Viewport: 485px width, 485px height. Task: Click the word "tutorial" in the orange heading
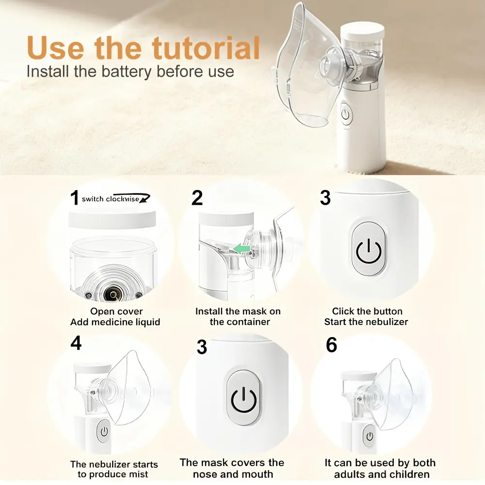pos(206,48)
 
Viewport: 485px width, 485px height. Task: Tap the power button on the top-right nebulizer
pos(345,114)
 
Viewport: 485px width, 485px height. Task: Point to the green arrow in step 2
pos(242,248)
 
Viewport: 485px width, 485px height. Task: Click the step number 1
pos(74,197)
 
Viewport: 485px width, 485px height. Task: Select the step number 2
pos(197,198)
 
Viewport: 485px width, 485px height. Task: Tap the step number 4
pos(76,343)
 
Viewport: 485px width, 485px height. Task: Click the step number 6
pos(331,345)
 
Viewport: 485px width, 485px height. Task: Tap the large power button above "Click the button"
pos(368,248)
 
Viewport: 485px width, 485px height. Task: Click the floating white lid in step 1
pos(112,219)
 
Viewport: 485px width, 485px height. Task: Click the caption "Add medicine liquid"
pos(115,322)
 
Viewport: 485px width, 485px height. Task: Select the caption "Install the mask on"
pos(238,311)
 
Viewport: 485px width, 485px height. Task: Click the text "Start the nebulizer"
pos(366,322)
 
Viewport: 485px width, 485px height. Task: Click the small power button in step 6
pos(370,436)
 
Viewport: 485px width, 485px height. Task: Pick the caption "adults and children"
pos(382,474)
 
